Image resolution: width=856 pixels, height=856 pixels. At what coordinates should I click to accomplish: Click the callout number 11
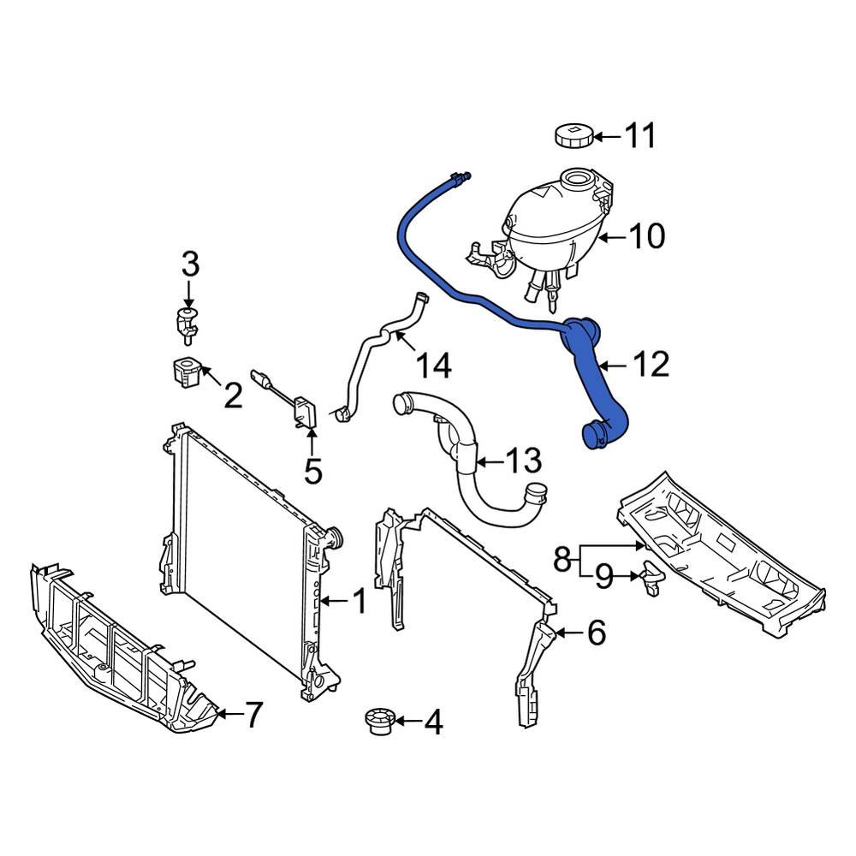[639, 136]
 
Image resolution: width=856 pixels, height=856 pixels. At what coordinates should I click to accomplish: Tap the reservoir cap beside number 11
[573, 135]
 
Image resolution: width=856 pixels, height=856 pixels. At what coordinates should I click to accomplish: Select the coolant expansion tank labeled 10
[548, 223]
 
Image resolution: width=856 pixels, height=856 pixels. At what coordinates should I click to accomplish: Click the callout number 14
[433, 366]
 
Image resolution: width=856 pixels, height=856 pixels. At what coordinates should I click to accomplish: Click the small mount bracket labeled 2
[185, 373]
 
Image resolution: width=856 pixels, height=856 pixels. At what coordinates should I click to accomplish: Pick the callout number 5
[312, 470]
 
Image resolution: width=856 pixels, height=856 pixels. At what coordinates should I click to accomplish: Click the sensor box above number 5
[304, 412]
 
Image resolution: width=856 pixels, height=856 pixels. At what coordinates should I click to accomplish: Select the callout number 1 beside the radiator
[360, 602]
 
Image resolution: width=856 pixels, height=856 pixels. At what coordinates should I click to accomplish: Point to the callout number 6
[596, 633]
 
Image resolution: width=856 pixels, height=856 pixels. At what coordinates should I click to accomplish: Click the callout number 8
[562, 561]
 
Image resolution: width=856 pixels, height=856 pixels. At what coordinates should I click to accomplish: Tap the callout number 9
[604, 579]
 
